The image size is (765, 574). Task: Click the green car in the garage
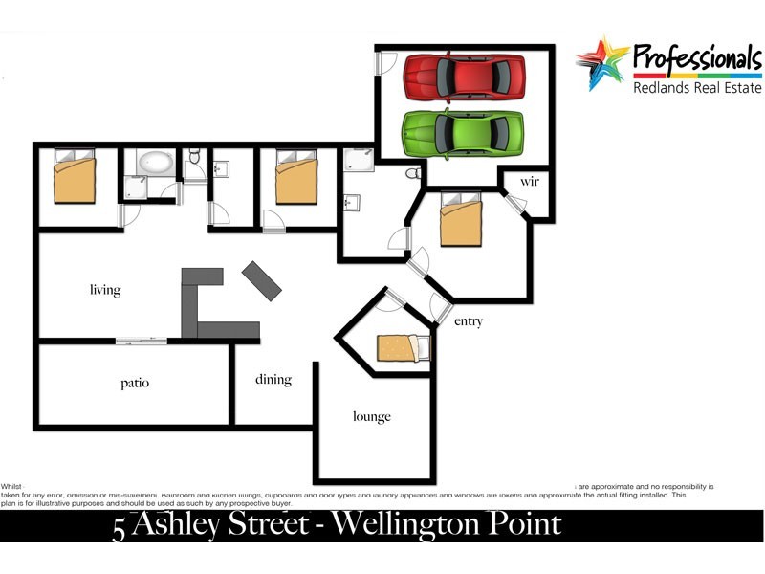click(x=463, y=132)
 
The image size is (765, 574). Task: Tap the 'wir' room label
click(x=531, y=181)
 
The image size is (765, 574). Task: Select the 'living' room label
click(x=105, y=290)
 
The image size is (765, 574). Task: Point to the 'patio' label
click(x=135, y=383)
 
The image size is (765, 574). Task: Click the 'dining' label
click(x=273, y=380)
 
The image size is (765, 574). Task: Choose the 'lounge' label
click(x=372, y=416)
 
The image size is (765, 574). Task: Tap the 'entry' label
click(x=469, y=321)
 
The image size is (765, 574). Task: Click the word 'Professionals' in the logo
click(x=697, y=59)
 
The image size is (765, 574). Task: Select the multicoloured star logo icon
click(x=601, y=62)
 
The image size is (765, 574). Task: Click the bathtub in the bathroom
click(x=154, y=164)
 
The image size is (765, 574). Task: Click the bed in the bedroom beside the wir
click(x=461, y=218)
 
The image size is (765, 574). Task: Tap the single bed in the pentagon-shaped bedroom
click(x=403, y=347)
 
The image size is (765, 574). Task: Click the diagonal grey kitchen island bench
click(x=262, y=278)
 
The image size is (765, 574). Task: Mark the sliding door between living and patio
click(x=142, y=339)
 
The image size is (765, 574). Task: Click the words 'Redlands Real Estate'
click(x=697, y=87)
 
